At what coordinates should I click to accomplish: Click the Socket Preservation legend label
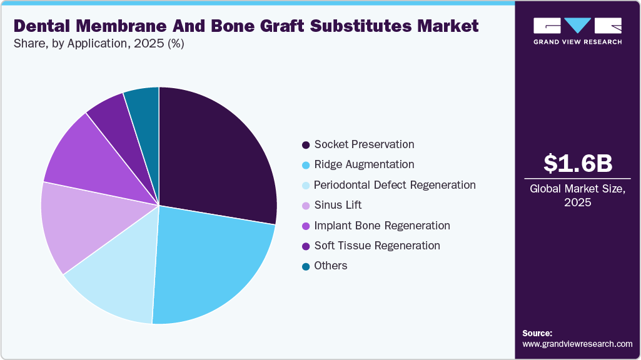coord(363,144)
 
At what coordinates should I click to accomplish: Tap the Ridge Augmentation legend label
coord(363,164)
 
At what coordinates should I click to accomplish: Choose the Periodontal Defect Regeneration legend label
coord(394,185)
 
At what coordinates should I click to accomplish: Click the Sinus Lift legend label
coord(338,205)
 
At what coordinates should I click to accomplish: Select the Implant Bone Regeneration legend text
coord(381,225)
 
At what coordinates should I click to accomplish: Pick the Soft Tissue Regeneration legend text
coord(376,246)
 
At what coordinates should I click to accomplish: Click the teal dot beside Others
coord(305,266)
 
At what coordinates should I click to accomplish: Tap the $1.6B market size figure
coord(577,163)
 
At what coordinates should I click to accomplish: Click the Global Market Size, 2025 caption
coord(577,195)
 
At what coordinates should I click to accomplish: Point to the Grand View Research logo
coord(577,30)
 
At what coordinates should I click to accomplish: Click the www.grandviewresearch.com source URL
coord(577,344)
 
